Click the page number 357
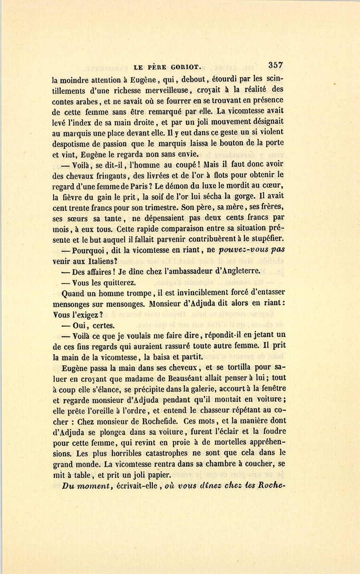[x=276, y=66]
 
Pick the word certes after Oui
[x=104, y=326]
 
